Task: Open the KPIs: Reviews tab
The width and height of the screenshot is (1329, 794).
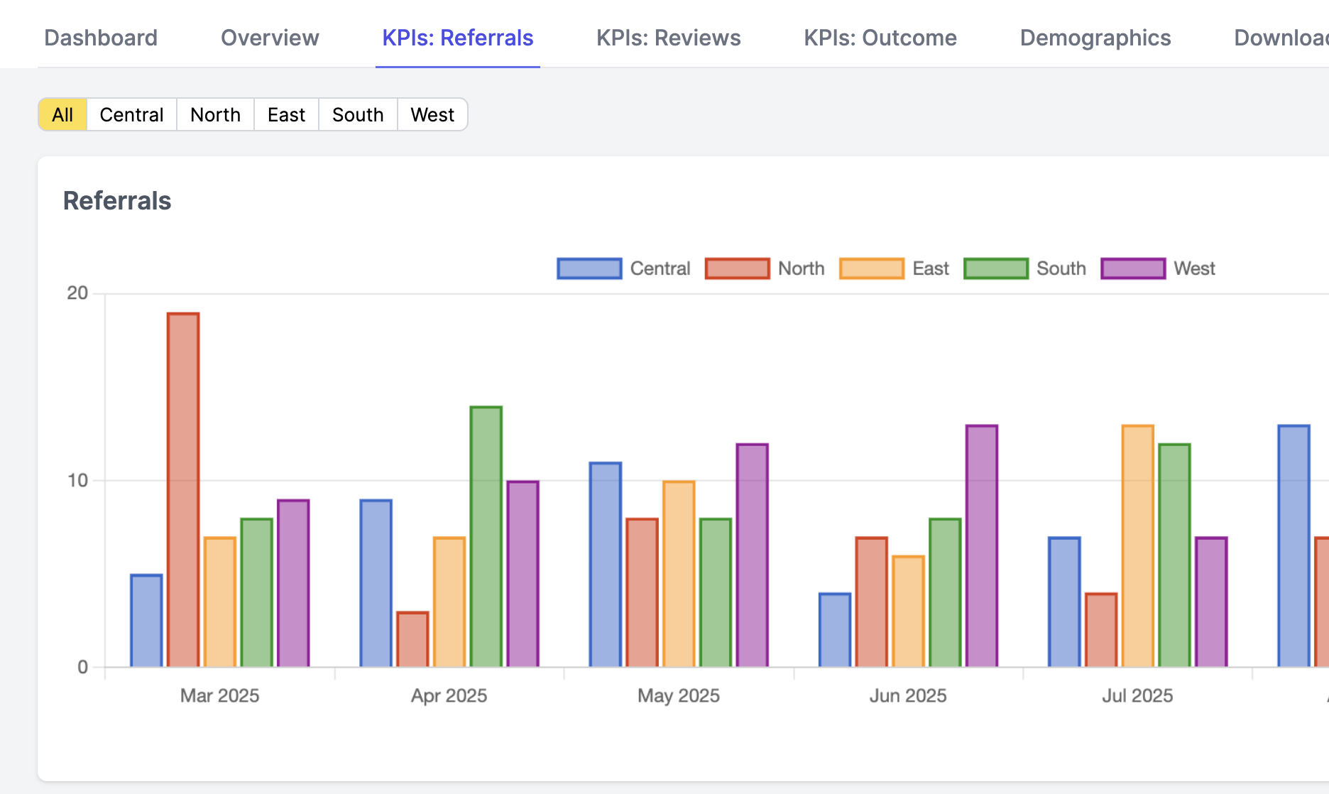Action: (668, 38)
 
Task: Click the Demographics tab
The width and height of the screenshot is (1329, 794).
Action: (1095, 38)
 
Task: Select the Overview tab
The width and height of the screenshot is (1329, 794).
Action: (270, 38)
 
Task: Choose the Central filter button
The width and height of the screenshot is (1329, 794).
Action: (131, 115)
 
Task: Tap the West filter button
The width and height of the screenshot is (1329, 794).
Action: (432, 115)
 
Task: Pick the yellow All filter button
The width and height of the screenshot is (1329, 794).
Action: (62, 115)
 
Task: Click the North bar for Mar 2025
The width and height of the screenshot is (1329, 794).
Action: (183, 490)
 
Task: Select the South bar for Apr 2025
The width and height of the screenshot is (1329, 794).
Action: (486, 537)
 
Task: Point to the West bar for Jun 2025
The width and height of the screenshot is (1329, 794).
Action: (981, 546)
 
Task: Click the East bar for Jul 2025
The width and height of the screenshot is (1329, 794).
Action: (1137, 546)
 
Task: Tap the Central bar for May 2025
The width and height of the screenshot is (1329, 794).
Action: (605, 565)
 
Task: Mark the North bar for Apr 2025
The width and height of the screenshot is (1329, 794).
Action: (412, 639)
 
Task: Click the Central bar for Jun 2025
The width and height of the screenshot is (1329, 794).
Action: (835, 630)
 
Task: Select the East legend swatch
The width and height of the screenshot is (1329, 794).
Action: (871, 268)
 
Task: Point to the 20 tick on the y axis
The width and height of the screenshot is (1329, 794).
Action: (77, 293)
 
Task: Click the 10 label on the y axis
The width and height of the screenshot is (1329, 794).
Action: (77, 481)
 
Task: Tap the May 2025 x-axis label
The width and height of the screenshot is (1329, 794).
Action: (678, 695)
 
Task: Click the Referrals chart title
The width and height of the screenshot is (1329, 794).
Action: (117, 201)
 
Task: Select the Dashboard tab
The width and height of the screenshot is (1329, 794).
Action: (101, 38)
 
